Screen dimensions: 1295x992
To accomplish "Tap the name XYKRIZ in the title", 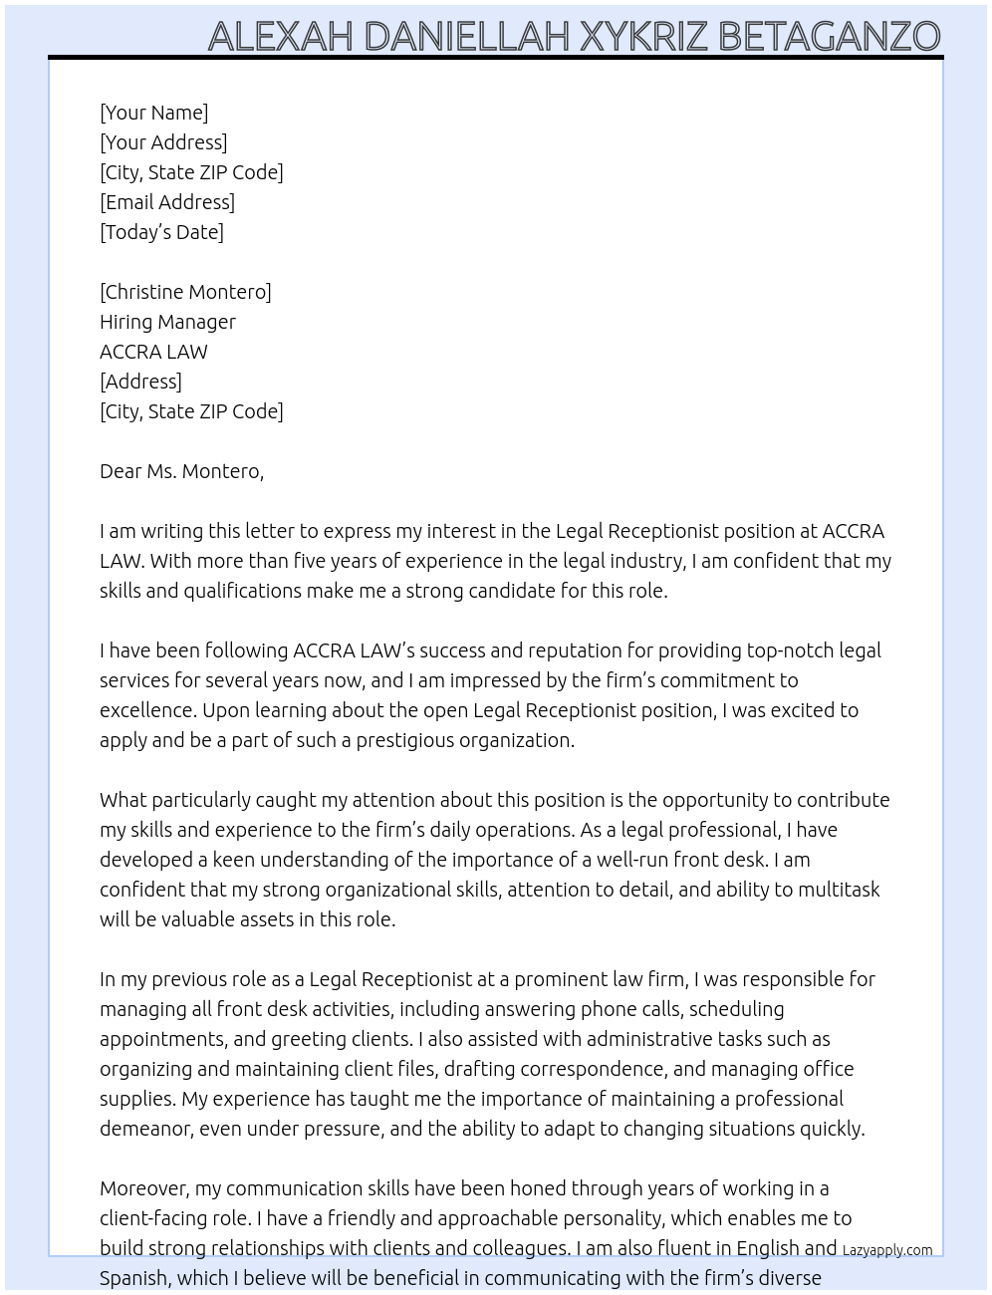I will click(643, 37).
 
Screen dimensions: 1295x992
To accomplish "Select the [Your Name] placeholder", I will click(153, 113).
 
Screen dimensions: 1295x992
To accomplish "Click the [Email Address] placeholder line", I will click(167, 202).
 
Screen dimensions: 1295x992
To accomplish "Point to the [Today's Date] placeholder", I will click(161, 232).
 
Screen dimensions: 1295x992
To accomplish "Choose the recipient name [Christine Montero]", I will click(185, 292).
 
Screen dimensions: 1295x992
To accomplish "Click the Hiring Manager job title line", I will click(167, 322).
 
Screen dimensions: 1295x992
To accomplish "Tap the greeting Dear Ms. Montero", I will click(181, 471).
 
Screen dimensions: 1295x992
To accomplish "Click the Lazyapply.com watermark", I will click(887, 1250).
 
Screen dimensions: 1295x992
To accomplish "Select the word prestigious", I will click(408, 740).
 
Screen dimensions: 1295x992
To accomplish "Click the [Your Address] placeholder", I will click(163, 142).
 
